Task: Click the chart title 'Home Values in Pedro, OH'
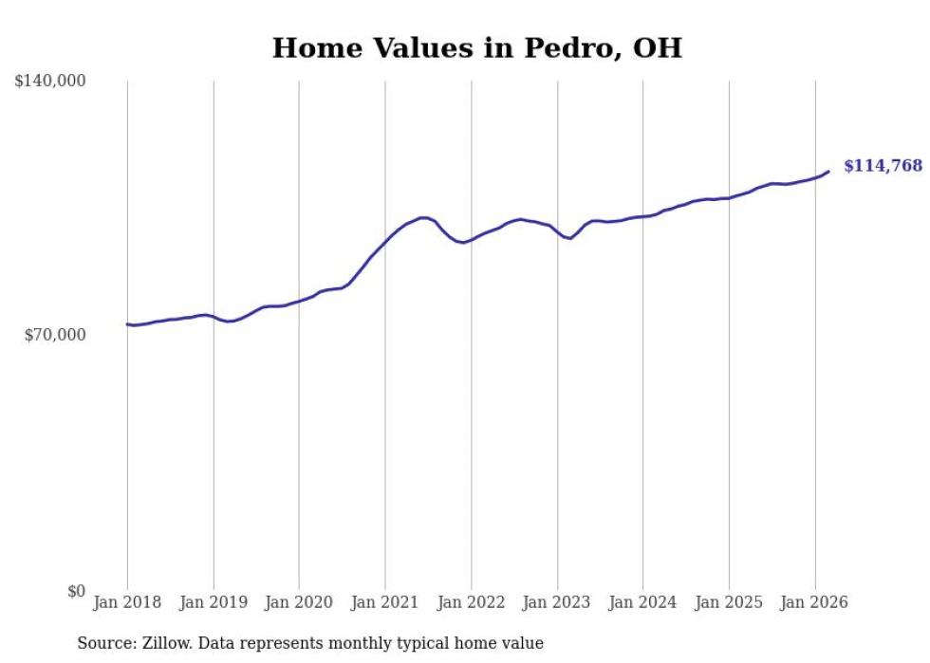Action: (x=476, y=48)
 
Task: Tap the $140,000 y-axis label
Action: (x=50, y=82)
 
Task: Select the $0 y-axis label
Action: (x=76, y=591)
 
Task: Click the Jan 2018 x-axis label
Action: (x=127, y=602)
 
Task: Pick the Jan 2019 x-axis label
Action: (x=214, y=602)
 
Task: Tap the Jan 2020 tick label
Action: (x=299, y=602)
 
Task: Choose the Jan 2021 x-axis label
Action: (x=385, y=602)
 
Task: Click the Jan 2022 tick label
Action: (x=471, y=602)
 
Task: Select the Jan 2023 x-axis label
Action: (x=557, y=602)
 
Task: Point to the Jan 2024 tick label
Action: (x=642, y=602)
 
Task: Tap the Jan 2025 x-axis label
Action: (x=729, y=602)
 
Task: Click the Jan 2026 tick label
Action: (x=814, y=602)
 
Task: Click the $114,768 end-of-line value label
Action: (x=883, y=166)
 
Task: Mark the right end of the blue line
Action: (x=828, y=172)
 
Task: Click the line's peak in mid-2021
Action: (x=423, y=217)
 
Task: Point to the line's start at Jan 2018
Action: (x=127, y=324)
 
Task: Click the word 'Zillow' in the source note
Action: (x=166, y=643)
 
